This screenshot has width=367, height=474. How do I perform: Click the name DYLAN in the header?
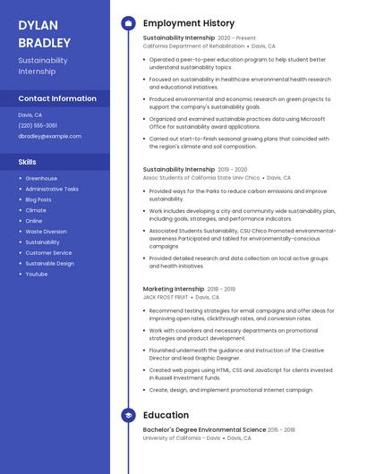pyautogui.click(x=38, y=25)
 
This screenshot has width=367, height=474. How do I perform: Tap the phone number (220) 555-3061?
pyautogui.click(x=38, y=125)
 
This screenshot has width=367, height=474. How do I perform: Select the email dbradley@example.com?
pyautogui.click(x=49, y=136)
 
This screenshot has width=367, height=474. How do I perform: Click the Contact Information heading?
pyautogui.click(x=57, y=98)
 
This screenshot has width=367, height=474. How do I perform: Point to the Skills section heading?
pyautogui.click(x=27, y=162)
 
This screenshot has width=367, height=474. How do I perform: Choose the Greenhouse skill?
pyautogui.click(x=41, y=178)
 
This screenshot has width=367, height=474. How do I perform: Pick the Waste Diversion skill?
pyautogui.click(x=46, y=232)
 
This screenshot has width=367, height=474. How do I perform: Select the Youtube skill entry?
pyautogui.click(x=37, y=274)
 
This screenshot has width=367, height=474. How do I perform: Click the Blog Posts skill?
pyautogui.click(x=38, y=199)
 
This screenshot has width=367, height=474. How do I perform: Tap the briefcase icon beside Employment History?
pyautogui.click(x=128, y=23)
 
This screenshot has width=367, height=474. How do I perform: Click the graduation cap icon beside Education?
pyautogui.click(x=128, y=415)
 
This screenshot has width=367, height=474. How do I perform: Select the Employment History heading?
pyautogui.click(x=189, y=23)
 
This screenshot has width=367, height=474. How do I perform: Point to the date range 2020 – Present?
pyautogui.click(x=236, y=38)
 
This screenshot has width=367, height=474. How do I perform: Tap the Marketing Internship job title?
pyautogui.click(x=174, y=289)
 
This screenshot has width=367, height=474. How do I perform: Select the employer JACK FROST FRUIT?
pyautogui.click(x=166, y=297)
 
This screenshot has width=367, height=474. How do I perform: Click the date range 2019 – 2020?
pyautogui.click(x=233, y=169)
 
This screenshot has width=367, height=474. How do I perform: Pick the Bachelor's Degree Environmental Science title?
pyautogui.click(x=203, y=430)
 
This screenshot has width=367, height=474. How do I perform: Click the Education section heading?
pyautogui.click(x=166, y=415)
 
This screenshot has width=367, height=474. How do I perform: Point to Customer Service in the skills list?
pyautogui.click(x=49, y=252)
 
